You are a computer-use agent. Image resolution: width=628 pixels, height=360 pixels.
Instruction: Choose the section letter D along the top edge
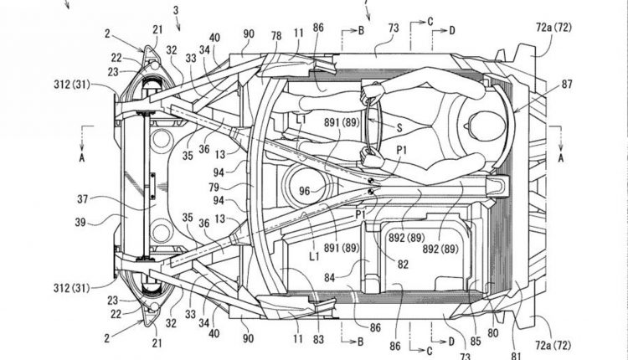pyautogui.click(x=452, y=31)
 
